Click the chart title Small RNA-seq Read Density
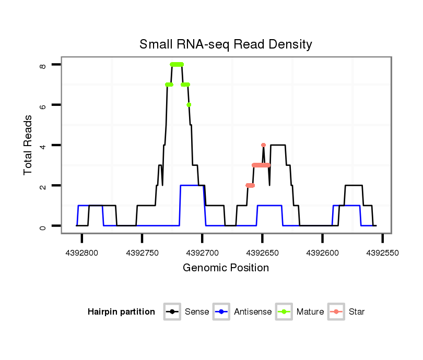click(x=226, y=44)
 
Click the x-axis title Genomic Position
click(x=226, y=268)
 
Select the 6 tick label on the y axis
click(x=43, y=105)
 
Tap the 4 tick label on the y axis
click(x=43, y=145)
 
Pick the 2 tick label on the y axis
click(x=43, y=186)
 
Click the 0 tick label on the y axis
click(x=43, y=226)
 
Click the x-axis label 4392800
click(x=81, y=253)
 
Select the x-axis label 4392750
click(x=142, y=253)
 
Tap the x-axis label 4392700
click(x=202, y=253)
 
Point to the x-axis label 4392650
click(x=262, y=253)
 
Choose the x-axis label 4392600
click(x=323, y=253)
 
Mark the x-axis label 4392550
click(x=383, y=253)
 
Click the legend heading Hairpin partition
click(x=121, y=312)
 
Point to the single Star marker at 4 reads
click(x=263, y=145)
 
